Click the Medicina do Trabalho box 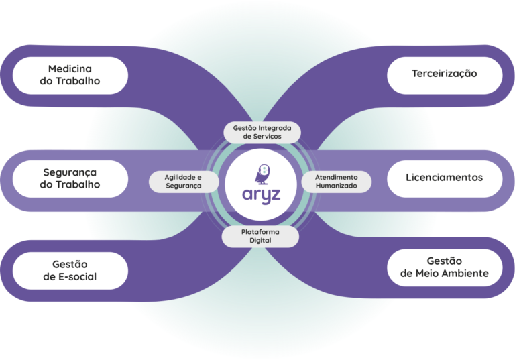coord(70,75)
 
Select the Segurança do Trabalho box coord(70,178)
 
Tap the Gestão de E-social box coord(70,271)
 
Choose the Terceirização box coord(445,74)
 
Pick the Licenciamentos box coord(445,178)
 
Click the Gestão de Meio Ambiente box coord(445,267)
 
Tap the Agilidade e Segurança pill coord(183,181)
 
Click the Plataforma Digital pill coord(260,235)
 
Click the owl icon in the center coord(262,173)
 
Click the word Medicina coord(70,68)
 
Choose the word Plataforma coord(260,231)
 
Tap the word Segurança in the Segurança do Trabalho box coord(70,172)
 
